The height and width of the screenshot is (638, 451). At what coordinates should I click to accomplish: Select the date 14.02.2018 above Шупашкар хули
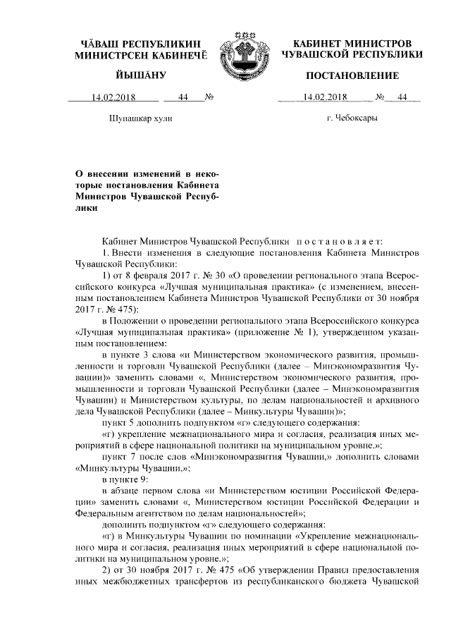tap(113, 98)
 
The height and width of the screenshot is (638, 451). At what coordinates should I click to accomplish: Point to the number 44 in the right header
tap(402, 98)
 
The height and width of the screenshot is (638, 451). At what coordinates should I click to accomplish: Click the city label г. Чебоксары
tap(352, 118)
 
